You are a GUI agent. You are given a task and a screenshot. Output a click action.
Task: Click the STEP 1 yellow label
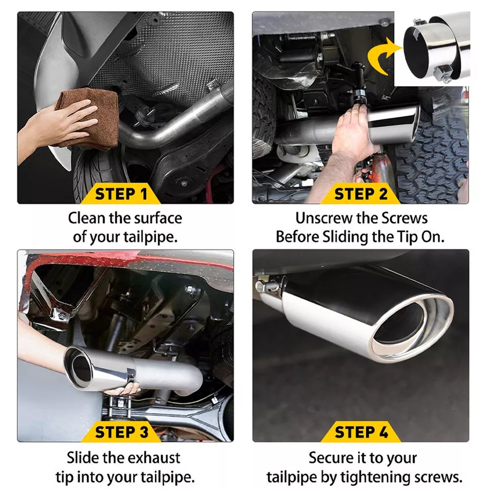[121, 194]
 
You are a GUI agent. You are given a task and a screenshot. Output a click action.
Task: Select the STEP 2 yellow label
[360, 194]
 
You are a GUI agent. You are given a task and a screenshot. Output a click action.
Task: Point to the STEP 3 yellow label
[121, 433]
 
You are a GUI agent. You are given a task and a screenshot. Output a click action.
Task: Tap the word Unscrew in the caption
[324, 218]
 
